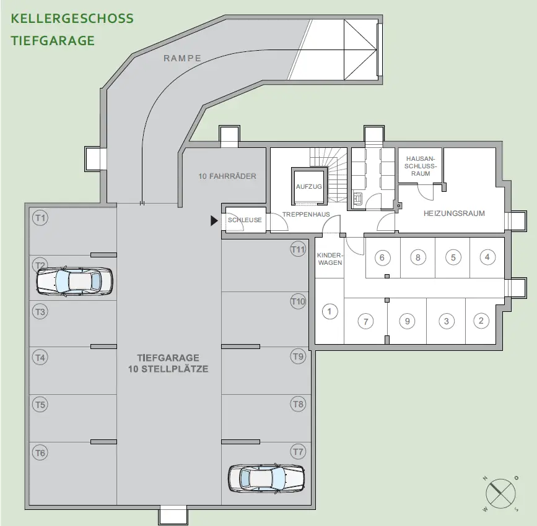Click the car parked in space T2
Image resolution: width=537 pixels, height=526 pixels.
74,281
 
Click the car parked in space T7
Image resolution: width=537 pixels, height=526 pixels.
266,478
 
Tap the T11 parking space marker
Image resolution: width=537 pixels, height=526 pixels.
299,249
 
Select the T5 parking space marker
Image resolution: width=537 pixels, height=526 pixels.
40,405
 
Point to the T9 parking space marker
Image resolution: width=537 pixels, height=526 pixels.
299,356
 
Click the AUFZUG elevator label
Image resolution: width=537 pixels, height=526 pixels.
308,186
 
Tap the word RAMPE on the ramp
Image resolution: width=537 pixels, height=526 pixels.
182,58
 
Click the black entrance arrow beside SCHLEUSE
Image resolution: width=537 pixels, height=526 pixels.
214,220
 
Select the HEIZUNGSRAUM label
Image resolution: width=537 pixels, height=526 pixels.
454,213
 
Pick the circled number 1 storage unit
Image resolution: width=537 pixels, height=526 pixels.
330,311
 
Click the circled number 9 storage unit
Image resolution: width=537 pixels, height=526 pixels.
407,321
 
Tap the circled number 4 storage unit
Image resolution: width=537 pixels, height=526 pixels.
487,257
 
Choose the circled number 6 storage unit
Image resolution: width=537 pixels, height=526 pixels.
382,257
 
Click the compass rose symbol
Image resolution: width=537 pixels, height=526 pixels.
500,493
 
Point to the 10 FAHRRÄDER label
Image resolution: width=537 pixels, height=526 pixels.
227,176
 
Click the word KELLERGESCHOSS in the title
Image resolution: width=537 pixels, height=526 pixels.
72,18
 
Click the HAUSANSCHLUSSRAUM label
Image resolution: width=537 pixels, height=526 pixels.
421,165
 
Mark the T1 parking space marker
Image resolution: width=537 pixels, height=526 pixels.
40,217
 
